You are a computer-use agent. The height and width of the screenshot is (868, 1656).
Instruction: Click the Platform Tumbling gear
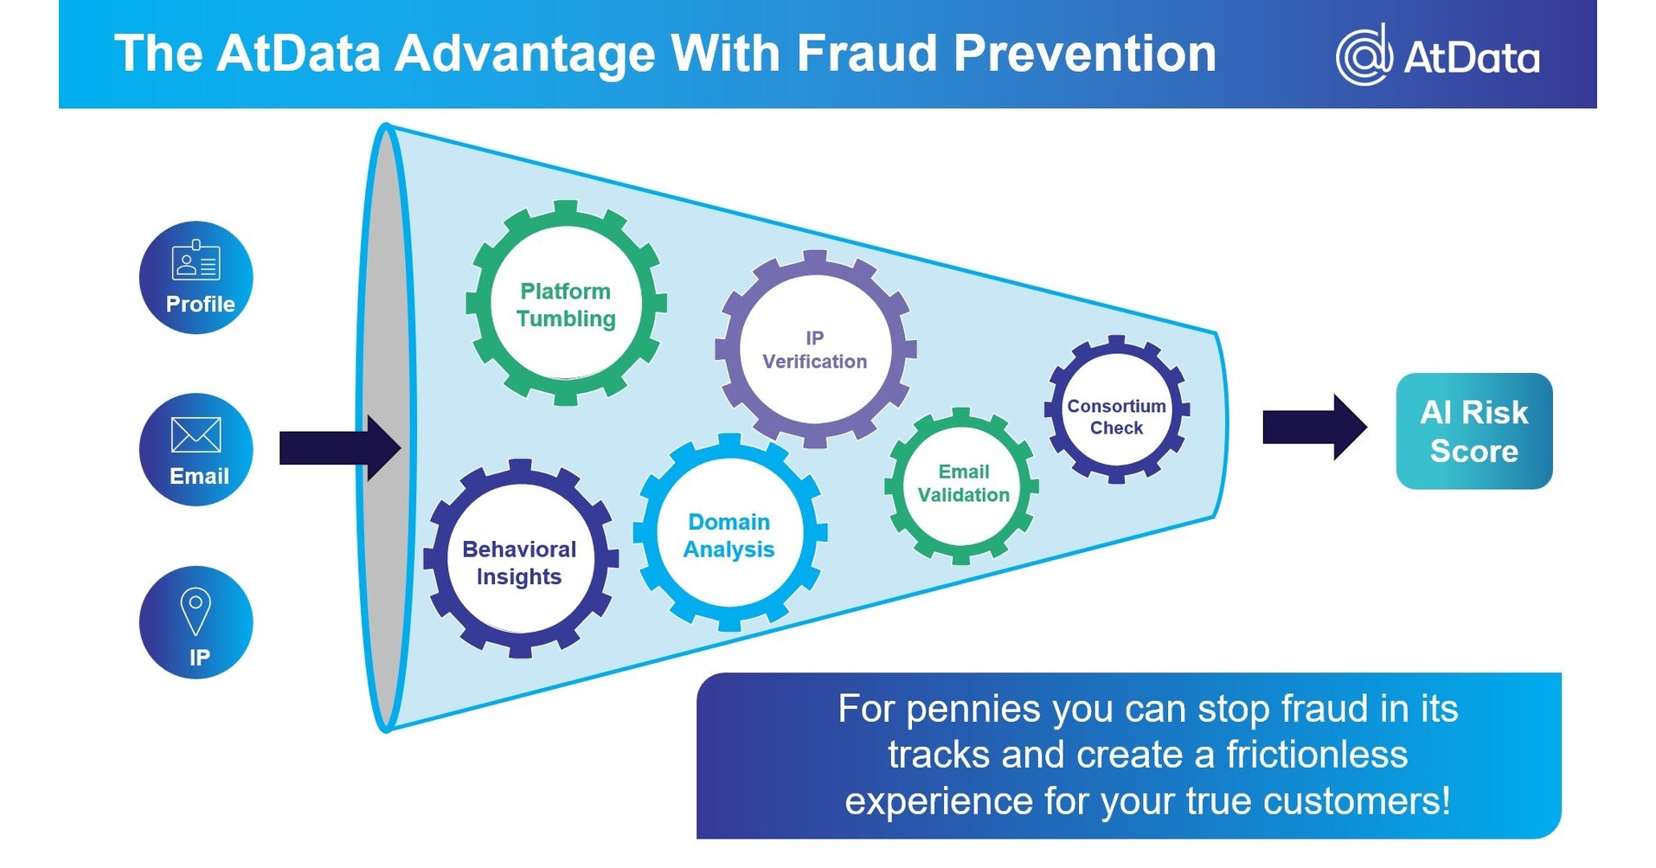tap(566, 304)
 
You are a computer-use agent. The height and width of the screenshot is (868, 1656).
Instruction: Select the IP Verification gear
tap(815, 350)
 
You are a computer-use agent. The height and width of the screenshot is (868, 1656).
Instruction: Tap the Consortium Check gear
tap(1116, 410)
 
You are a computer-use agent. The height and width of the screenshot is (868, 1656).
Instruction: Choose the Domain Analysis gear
tap(729, 534)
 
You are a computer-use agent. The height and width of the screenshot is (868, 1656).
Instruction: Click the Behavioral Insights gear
tap(519, 561)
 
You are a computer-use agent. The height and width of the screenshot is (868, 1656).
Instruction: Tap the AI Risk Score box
tap(1473, 431)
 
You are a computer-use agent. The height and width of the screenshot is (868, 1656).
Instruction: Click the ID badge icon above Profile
tap(196, 261)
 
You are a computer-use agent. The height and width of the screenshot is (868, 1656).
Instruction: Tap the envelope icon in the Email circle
tap(196, 434)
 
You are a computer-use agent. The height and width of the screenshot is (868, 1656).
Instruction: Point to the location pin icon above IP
tap(196, 610)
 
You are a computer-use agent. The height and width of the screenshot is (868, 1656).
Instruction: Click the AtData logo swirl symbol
tap(1364, 55)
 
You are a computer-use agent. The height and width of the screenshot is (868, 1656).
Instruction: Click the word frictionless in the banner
tap(1317, 755)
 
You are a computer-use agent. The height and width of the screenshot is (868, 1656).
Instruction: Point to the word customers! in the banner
tap(1357, 801)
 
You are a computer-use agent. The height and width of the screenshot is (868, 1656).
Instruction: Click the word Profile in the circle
tap(200, 305)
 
